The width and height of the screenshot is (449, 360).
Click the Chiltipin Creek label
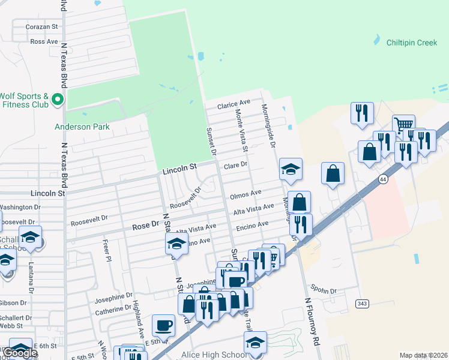click(x=411, y=43)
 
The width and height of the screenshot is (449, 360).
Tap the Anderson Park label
click(x=82, y=127)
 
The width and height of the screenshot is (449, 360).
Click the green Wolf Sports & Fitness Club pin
click(x=58, y=99)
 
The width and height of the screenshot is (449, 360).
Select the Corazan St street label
click(x=41, y=27)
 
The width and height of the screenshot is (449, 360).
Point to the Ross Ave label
click(x=44, y=41)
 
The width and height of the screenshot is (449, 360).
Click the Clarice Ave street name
click(x=234, y=104)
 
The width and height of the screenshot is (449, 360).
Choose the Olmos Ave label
click(x=246, y=193)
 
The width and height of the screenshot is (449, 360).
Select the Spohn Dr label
click(x=324, y=290)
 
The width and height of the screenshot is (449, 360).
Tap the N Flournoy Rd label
click(x=311, y=322)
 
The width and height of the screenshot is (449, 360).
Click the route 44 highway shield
click(x=382, y=179)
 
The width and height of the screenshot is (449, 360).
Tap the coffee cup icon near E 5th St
click(x=163, y=326)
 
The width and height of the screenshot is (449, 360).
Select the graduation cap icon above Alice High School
click(x=255, y=343)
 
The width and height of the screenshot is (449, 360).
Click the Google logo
click(x=20, y=353)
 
